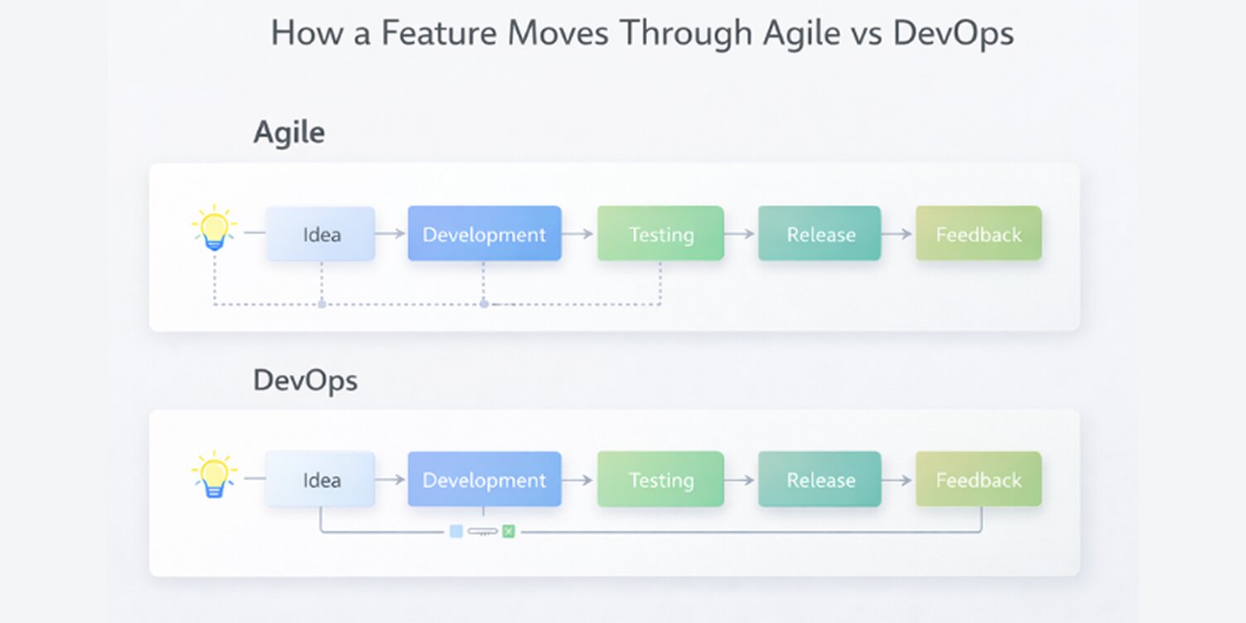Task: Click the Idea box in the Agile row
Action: tap(321, 234)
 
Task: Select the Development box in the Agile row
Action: tap(484, 234)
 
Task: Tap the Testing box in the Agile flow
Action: tap(660, 234)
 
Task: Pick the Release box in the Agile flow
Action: tap(819, 234)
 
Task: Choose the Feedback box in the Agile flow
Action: tap(978, 234)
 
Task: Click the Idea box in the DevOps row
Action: tap(321, 480)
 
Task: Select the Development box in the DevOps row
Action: tap(484, 480)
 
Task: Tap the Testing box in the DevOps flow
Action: tap(660, 480)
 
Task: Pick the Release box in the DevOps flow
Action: tap(819, 480)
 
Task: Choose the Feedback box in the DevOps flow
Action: tap(978, 480)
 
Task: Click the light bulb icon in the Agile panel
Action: tap(214, 227)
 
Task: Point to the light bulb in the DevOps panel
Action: tap(214, 473)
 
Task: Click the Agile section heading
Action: tap(288, 133)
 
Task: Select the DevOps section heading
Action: tap(305, 380)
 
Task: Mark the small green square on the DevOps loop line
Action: tap(509, 531)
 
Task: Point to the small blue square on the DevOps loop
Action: tap(456, 531)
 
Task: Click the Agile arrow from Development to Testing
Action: tap(579, 234)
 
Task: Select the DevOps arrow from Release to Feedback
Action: tap(898, 480)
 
